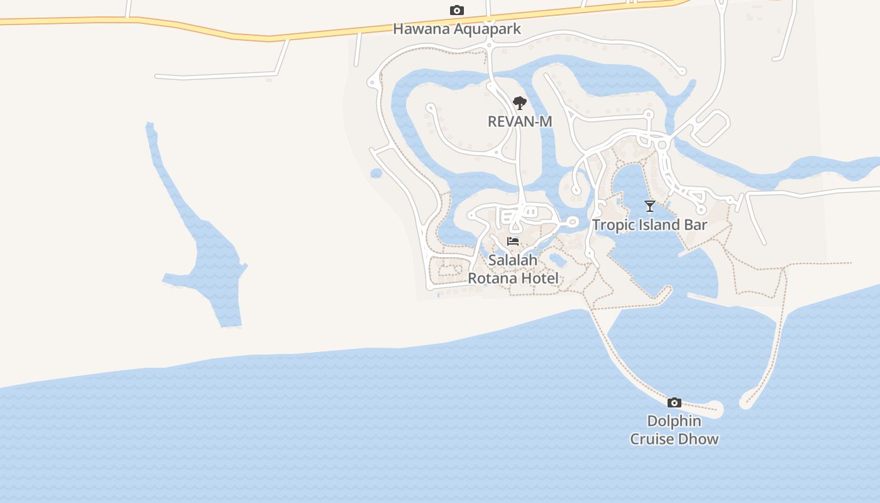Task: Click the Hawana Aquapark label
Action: click(457, 29)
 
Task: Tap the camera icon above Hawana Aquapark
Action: click(457, 11)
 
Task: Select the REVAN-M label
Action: click(520, 121)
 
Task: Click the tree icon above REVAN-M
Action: click(519, 103)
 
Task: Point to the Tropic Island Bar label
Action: click(650, 225)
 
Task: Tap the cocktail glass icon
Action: click(650, 206)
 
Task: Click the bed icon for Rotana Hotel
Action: click(513, 241)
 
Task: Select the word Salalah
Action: click(513, 260)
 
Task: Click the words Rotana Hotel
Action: click(513, 278)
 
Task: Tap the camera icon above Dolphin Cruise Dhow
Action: click(674, 403)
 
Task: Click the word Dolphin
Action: click(674, 421)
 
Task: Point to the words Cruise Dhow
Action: click(674, 439)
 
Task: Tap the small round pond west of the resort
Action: click(377, 173)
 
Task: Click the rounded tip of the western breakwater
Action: click(716, 410)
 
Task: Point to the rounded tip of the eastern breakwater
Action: click(746, 401)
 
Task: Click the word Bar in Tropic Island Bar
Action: click(696, 225)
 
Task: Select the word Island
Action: click(659, 225)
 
